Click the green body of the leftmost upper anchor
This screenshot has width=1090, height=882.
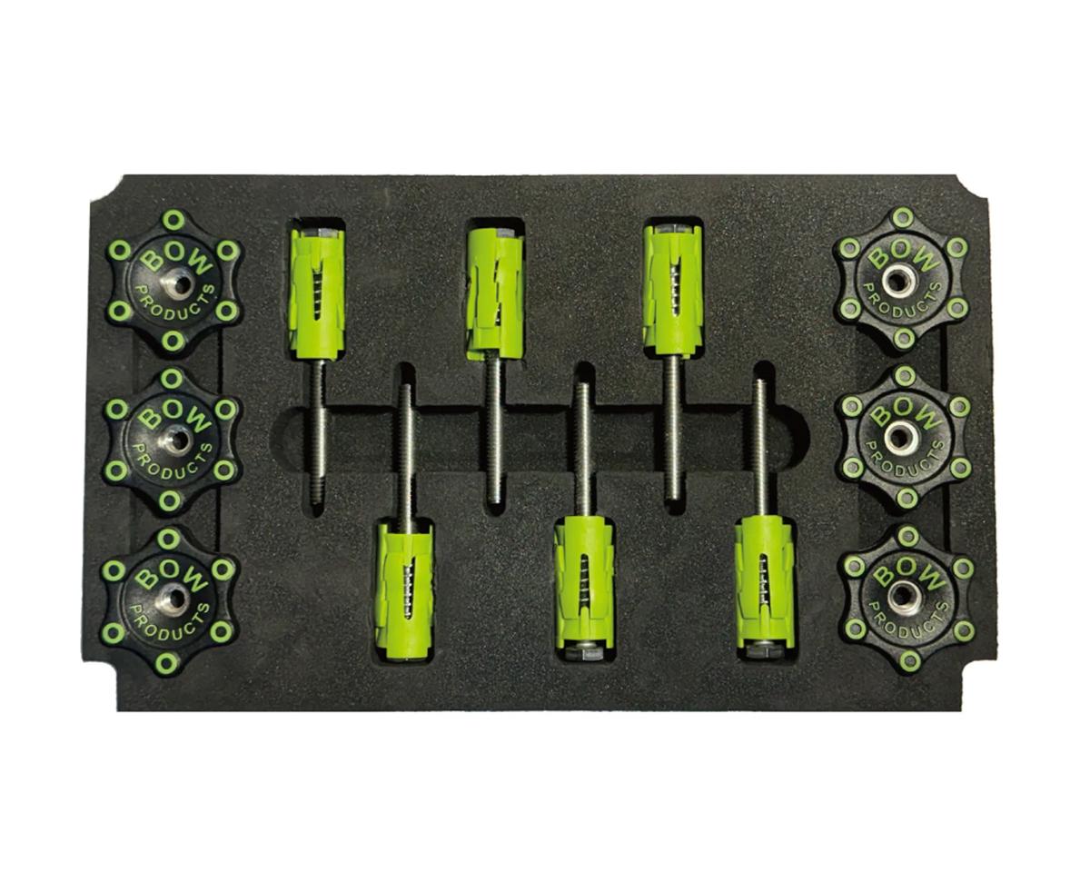click(315, 292)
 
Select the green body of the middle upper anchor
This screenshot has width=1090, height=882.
click(493, 289)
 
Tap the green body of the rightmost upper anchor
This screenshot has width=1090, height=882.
click(672, 289)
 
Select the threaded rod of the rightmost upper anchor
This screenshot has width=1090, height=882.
click(673, 427)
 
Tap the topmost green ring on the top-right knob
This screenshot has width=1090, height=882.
click(901, 218)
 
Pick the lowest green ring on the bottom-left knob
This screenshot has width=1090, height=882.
click(165, 663)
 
